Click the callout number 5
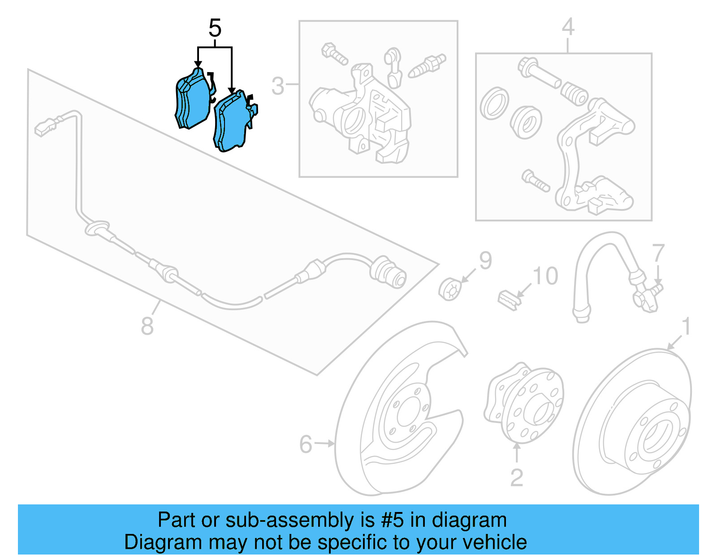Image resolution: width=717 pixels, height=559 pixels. [215, 28]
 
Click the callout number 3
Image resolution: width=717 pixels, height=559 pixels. [278, 85]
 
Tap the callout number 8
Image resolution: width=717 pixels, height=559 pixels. [147, 326]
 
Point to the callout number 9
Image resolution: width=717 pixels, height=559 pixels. [485, 260]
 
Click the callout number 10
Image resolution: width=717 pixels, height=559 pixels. [545, 276]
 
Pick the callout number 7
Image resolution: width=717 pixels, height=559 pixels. [658, 253]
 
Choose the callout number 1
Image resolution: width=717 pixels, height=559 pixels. [686, 327]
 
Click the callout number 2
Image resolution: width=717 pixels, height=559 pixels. [517, 478]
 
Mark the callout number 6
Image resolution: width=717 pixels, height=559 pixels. [306, 444]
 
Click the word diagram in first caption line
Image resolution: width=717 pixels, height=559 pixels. [469, 521]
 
